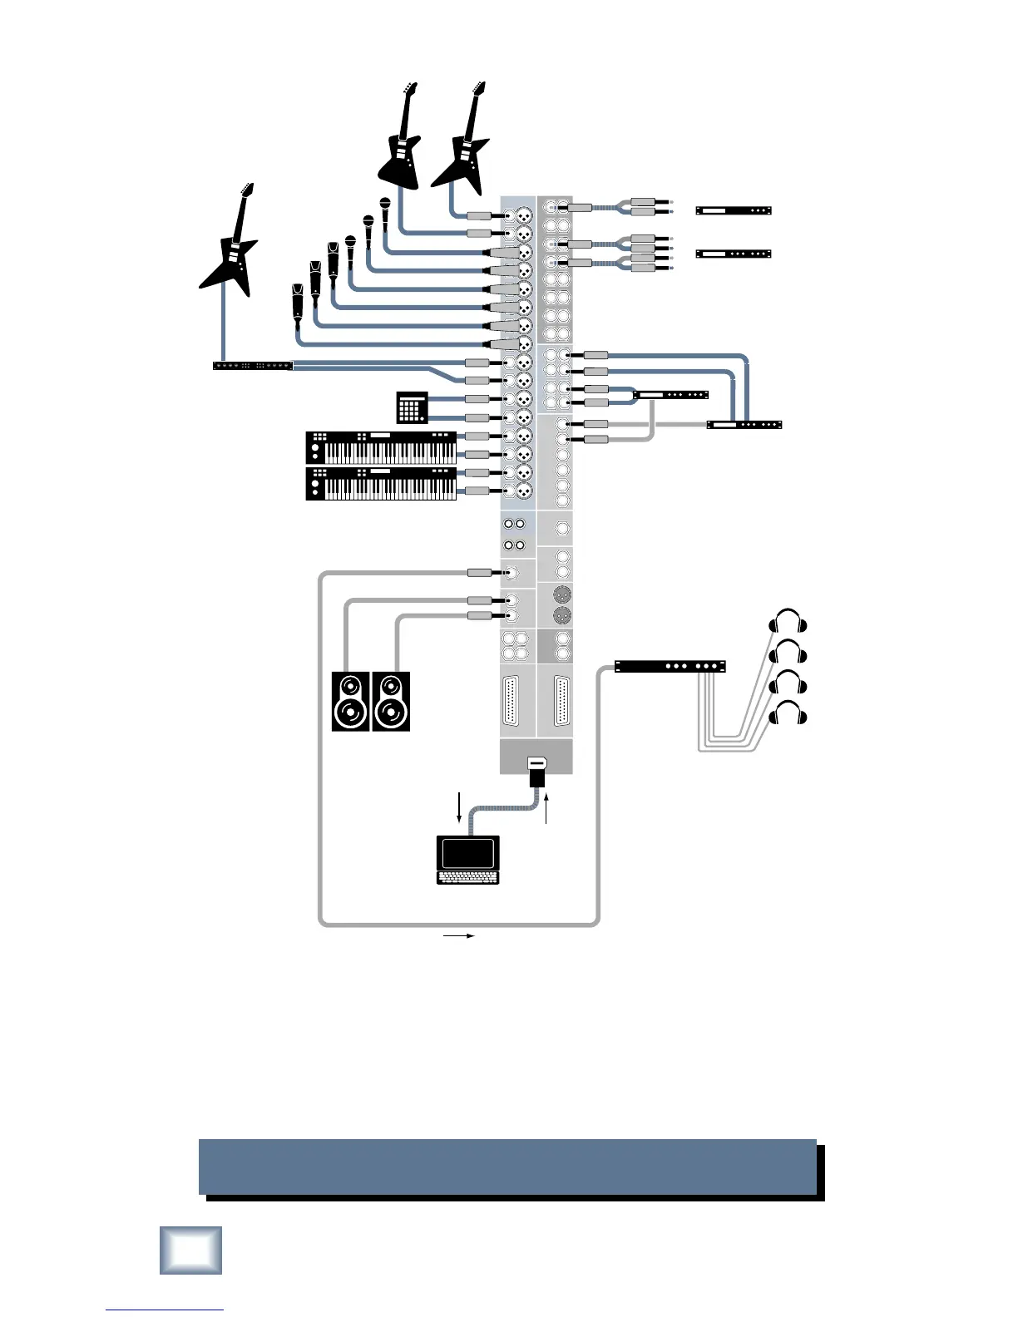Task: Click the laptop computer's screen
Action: (x=468, y=853)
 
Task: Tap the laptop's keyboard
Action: (x=468, y=876)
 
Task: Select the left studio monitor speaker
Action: (x=350, y=702)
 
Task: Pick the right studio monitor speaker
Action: (x=391, y=702)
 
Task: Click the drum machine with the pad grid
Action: (x=412, y=407)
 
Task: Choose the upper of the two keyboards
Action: (x=382, y=447)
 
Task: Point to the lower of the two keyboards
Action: (x=382, y=483)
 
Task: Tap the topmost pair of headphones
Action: (x=788, y=623)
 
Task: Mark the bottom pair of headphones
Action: (x=788, y=714)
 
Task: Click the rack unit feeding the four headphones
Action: (x=670, y=666)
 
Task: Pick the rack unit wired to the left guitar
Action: (x=253, y=365)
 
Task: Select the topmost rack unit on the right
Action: (x=733, y=210)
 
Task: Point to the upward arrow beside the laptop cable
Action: (x=546, y=809)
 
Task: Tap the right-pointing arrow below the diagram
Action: (x=458, y=935)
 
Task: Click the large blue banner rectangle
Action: (x=507, y=1167)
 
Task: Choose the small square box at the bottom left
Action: (x=190, y=1250)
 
